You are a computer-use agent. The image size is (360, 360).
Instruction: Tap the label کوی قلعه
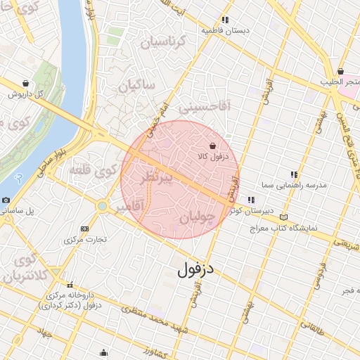coord(94,169)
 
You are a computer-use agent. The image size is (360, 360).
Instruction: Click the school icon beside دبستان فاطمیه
coord(225,20)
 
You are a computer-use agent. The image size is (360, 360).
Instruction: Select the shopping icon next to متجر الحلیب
coord(340,72)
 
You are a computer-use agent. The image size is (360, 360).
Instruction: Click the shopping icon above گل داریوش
coord(26,83)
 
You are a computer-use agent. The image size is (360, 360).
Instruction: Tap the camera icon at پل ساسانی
coord(6,200)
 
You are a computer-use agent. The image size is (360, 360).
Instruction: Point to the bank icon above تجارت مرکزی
coord(85,229)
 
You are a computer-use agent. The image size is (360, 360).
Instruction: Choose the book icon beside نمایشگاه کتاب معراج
coord(284,217)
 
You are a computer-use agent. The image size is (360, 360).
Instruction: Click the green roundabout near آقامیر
coord(103,206)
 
